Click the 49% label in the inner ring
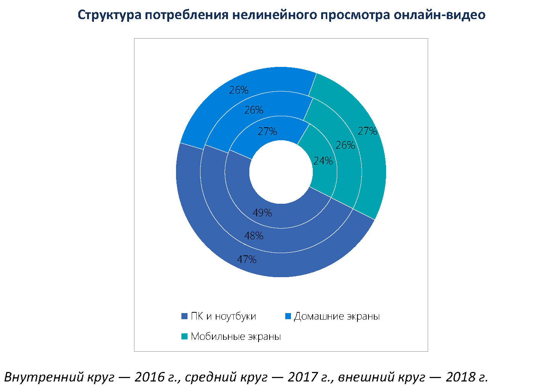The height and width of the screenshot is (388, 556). click(262, 213)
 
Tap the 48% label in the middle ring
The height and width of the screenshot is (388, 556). click(254, 236)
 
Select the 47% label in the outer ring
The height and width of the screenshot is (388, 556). click(247, 260)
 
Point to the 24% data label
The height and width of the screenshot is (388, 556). click(323, 161)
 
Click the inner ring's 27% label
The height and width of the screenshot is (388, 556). click(267, 131)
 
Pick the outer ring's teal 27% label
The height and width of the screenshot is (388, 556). click(367, 131)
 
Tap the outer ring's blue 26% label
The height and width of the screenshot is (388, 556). click(239, 90)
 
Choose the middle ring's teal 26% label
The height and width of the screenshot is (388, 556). click(345, 145)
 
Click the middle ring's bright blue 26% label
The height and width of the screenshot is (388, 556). click(254, 110)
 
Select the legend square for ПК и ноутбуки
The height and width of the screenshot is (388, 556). click(184, 317)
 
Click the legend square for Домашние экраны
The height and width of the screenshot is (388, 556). click(288, 317)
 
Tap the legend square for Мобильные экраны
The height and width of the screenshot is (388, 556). click(184, 337)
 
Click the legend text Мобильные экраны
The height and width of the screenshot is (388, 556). click(236, 337)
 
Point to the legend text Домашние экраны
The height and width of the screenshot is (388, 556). click(337, 317)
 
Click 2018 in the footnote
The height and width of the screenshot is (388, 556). click(461, 377)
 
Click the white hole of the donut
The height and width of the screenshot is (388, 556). click(281, 172)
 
